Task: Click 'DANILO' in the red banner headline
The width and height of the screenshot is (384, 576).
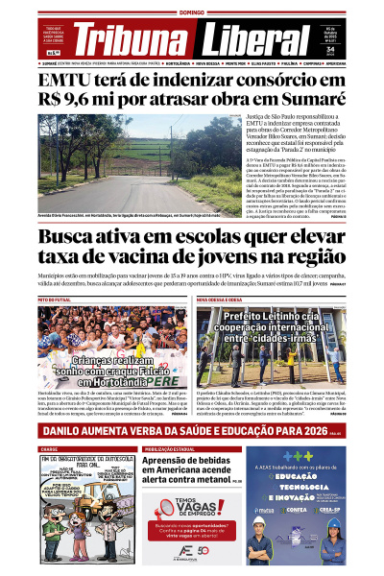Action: click(x=66, y=432)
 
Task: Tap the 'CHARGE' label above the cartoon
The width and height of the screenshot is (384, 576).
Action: click(x=50, y=448)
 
